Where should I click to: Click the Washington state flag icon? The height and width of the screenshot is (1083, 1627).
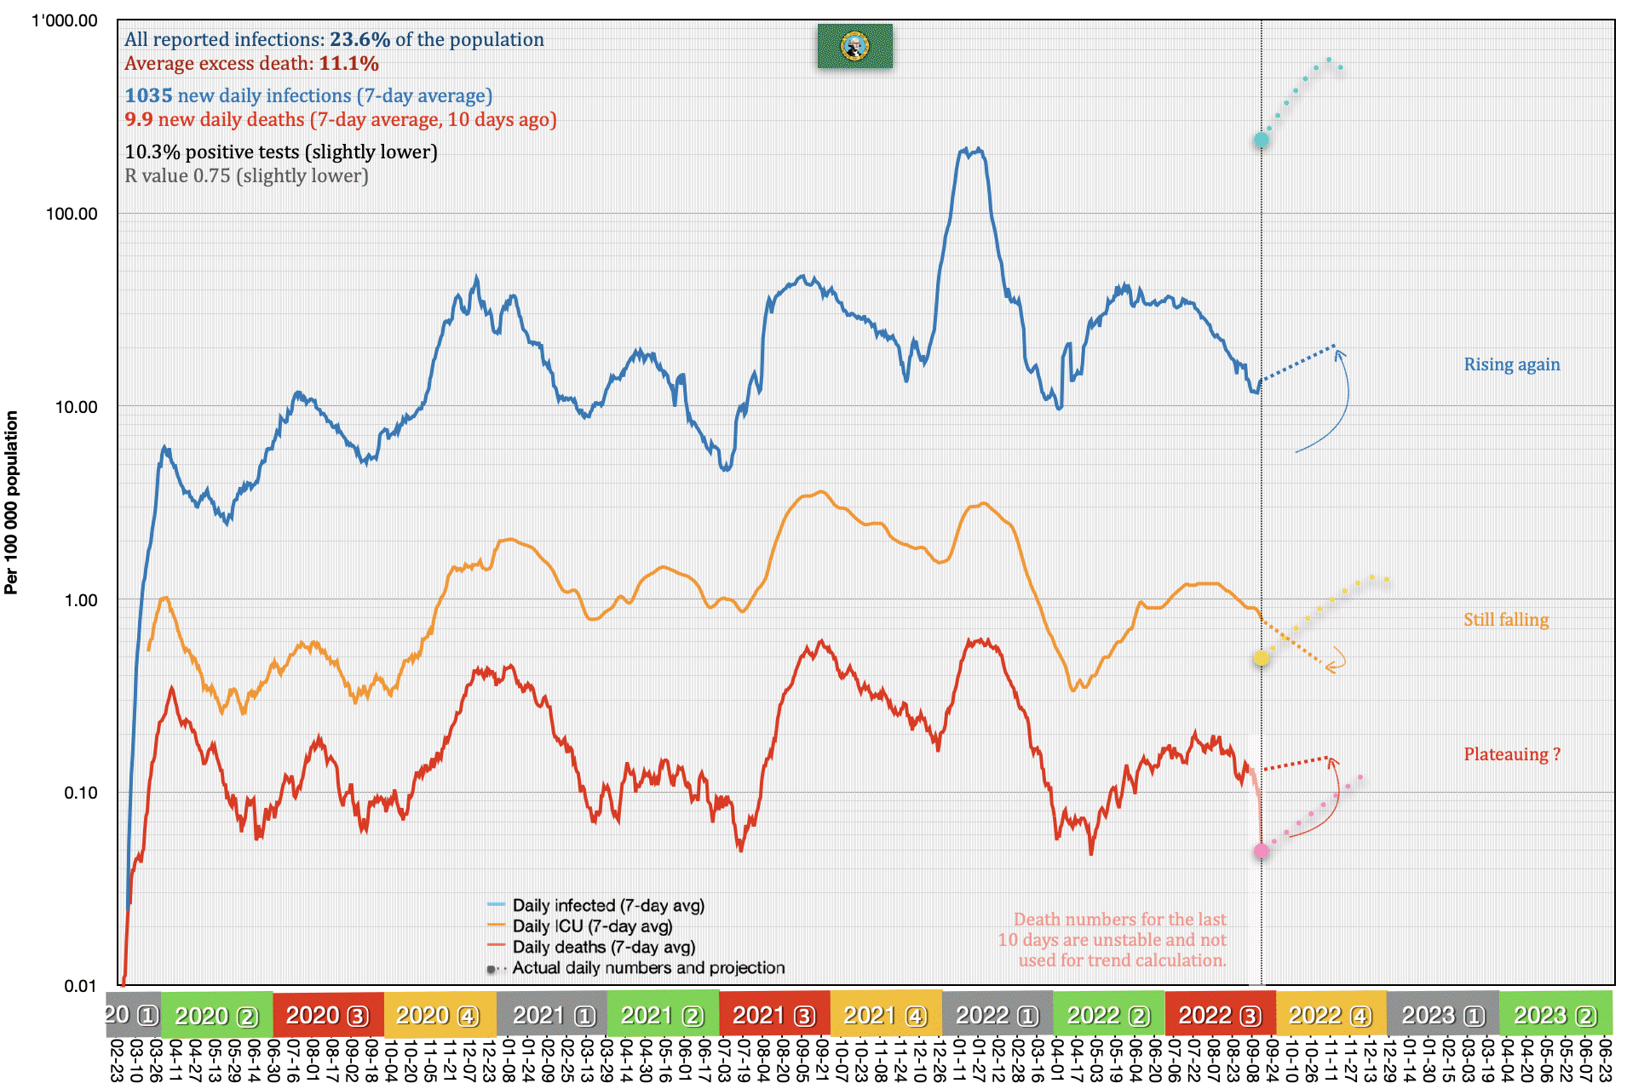coord(854,46)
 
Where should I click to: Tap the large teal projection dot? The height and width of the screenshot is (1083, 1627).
coord(1261,140)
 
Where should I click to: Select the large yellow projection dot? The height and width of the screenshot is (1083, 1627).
coord(1261,658)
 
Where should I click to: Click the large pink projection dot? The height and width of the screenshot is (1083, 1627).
coord(1261,851)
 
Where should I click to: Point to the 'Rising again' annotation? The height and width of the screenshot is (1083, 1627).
coord(1511,364)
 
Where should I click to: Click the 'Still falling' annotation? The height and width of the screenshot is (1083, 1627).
coord(1505,620)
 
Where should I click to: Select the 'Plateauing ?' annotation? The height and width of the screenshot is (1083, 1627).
coord(1511,754)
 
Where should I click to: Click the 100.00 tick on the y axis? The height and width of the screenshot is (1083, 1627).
coord(72,214)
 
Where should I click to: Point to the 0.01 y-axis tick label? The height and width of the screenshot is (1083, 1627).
coord(80,986)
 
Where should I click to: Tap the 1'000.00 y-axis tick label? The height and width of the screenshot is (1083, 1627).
coord(65,20)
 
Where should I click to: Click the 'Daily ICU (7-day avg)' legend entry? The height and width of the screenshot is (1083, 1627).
coord(592,926)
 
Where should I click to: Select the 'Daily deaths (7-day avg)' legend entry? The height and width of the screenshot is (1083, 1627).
coord(603,947)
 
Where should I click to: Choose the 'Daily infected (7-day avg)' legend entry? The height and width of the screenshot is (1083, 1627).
coord(608,906)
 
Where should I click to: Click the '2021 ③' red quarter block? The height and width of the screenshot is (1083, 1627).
coord(774,1015)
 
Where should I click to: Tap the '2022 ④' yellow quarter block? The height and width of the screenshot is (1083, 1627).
coord(1331,1015)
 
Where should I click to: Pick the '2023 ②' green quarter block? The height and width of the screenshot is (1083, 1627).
coord(1555,1015)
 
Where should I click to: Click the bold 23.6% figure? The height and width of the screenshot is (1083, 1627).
coord(359,39)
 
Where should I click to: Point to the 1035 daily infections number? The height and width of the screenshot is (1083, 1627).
coord(148,95)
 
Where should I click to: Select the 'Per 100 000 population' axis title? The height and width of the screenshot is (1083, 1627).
coord(11,502)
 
